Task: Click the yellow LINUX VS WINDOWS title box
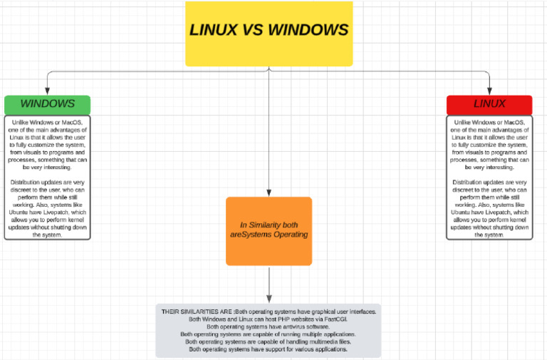(269, 34)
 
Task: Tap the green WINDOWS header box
(47, 104)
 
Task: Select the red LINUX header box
(489, 104)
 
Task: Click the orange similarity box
(269, 230)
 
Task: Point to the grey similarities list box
(269, 331)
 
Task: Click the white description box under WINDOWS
(47, 178)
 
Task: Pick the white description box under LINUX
(489, 178)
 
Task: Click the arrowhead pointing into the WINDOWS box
(47, 91)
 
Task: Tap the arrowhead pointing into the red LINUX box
(489, 91)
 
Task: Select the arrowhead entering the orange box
(269, 193)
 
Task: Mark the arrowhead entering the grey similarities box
(269, 300)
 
